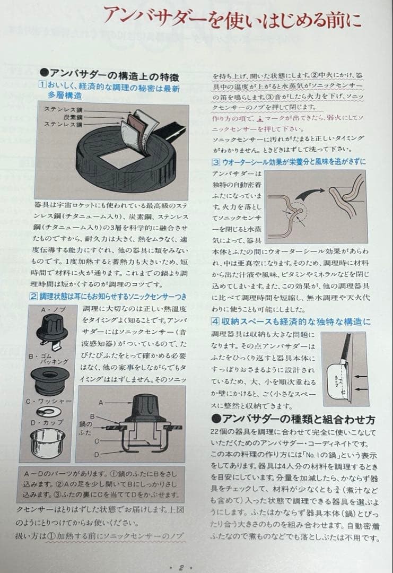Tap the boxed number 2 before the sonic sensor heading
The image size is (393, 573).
tap(34, 295)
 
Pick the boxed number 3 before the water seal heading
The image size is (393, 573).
tap(216, 162)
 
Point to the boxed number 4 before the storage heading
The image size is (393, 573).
tap(216, 321)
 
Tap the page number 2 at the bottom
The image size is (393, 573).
tap(181, 567)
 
